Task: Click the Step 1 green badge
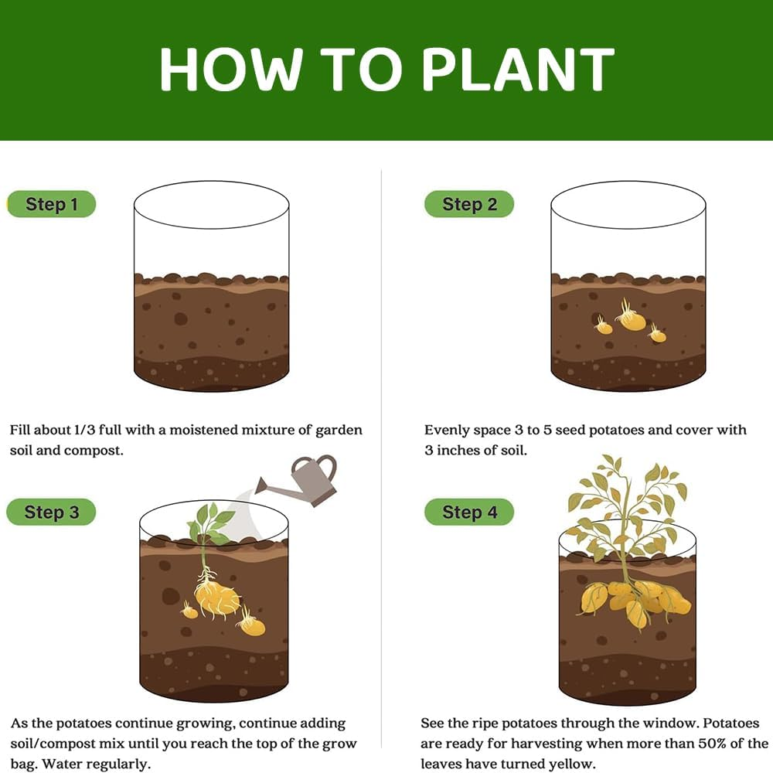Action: pos(51,204)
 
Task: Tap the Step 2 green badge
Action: pos(469,204)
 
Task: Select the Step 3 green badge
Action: pos(51,512)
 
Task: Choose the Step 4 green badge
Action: pos(469,512)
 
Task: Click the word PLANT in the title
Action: pos(519,69)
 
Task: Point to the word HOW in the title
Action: pos(230,69)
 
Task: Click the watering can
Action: pos(298,481)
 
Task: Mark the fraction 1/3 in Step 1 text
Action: pos(84,430)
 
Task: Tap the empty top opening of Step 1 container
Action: pos(212,205)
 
